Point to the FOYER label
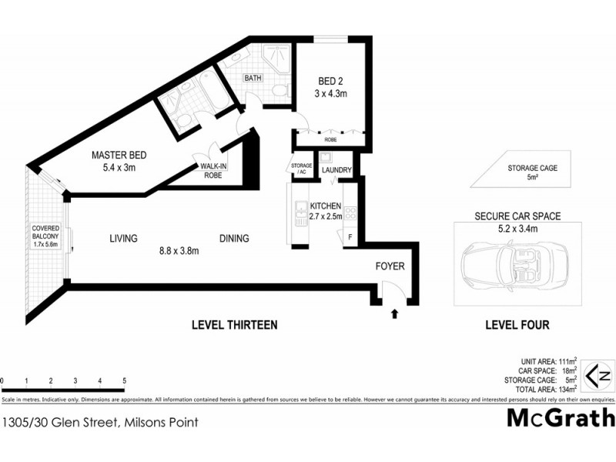click(x=389, y=266)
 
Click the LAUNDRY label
click(x=336, y=170)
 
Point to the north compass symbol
click(x=598, y=377)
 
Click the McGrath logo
click(x=561, y=418)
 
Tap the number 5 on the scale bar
click(x=124, y=381)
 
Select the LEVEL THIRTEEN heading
click(x=234, y=326)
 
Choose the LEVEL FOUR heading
click(x=517, y=326)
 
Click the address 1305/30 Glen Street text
click(x=100, y=422)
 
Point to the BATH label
click(x=253, y=79)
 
